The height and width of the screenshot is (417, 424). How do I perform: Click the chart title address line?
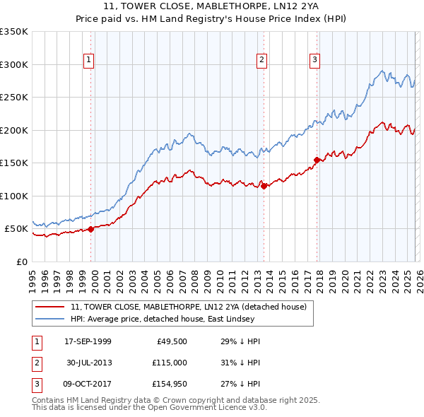pyautogui.click(x=212, y=6)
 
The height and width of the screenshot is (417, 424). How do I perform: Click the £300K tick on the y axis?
pyautogui.click(x=14, y=64)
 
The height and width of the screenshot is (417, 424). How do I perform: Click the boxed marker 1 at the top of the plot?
pyautogui.click(x=89, y=61)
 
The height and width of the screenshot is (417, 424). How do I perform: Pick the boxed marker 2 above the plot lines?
pyautogui.click(x=261, y=61)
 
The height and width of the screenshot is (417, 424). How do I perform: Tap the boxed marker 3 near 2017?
pyautogui.click(x=314, y=61)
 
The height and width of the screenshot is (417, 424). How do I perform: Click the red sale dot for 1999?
pyautogui.click(x=91, y=229)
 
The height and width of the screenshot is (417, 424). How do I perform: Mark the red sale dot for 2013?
pyautogui.click(x=264, y=186)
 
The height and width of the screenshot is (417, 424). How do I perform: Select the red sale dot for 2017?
pyautogui.click(x=317, y=160)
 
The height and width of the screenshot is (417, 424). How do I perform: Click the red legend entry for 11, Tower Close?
pyautogui.click(x=188, y=307)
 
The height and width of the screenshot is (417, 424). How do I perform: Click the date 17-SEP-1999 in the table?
pyautogui.click(x=88, y=341)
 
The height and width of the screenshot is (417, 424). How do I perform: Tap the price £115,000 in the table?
pyautogui.click(x=170, y=362)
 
